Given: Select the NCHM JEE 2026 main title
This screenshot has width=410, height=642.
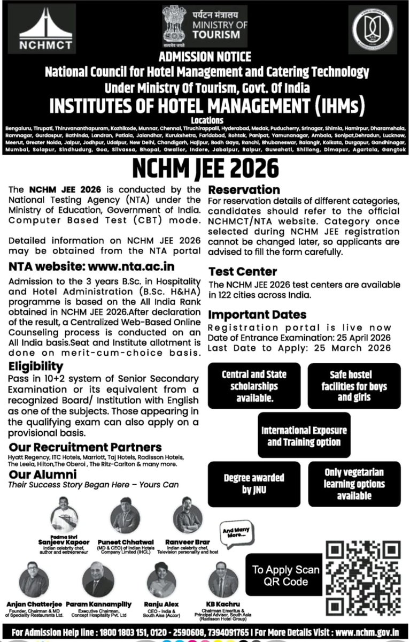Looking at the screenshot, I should tap(205, 169).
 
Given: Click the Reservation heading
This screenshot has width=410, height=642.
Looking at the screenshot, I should tap(244, 190).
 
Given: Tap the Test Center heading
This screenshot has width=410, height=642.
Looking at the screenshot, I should tap(243, 272).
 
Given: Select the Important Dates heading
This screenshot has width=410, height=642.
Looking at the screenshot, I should tap(257, 315).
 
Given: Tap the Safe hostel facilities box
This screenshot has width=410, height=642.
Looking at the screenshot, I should tap(354, 386).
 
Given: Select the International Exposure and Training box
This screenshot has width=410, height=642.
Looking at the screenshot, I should tap(304, 436).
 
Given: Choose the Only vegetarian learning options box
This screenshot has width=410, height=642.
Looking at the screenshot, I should tap(354, 484).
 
